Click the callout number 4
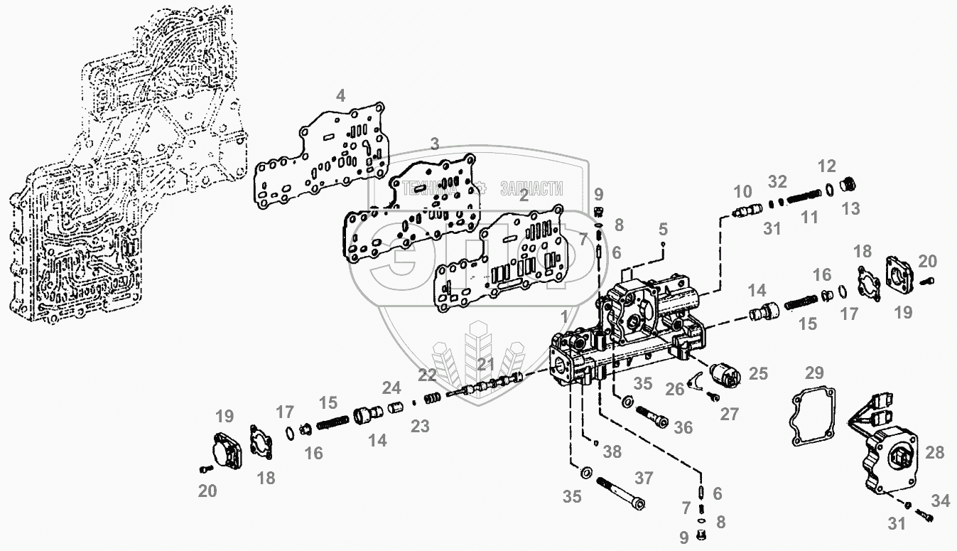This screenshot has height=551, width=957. coord(341,96)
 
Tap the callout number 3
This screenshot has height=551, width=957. coord(435,145)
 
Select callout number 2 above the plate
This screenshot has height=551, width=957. coord(524,196)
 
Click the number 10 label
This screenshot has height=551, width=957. coord(742,191)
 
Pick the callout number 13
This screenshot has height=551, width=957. coord(851,208)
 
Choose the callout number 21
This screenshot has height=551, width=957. coord(485,365)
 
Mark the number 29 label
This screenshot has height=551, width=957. coord(814,373)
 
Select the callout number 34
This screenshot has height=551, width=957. coord(940,501)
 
